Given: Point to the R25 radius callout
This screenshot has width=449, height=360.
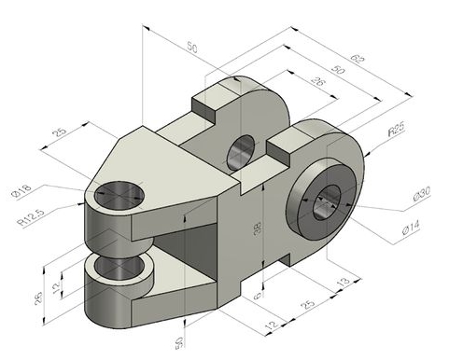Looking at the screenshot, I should (x=396, y=133).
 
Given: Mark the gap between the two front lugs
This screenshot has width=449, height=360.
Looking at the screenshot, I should (x=117, y=246).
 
